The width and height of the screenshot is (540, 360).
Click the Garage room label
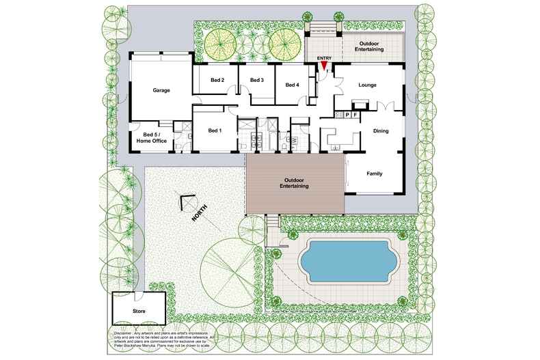pos(161,90)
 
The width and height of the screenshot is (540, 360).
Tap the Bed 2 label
pos(218,80)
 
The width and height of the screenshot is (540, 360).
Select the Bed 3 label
pos(257,80)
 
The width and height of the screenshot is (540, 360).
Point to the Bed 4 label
pos(293,85)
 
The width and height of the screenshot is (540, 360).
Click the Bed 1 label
pos(214,130)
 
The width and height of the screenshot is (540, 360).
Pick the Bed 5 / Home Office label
pos(152,137)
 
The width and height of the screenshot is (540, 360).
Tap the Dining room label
pos(381,131)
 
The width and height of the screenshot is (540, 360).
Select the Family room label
pos(375,174)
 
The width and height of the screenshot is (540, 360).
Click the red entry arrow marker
pos(325,66)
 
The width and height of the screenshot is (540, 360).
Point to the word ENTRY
pos(325,58)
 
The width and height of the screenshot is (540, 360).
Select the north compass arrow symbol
pos(185,203)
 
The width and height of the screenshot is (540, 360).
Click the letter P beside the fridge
pos(347,115)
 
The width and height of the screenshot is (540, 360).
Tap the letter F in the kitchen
pos(356,115)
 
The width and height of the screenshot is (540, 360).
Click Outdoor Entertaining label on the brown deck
pos(295,183)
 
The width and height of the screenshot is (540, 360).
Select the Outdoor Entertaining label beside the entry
pos(371,46)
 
